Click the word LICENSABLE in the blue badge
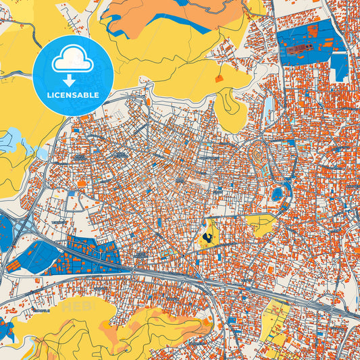coord(72,95)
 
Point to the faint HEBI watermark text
coord(79,307)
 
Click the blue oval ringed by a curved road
coord(277,195)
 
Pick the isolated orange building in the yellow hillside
coord(218,79)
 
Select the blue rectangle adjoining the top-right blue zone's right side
coord(339,66)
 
